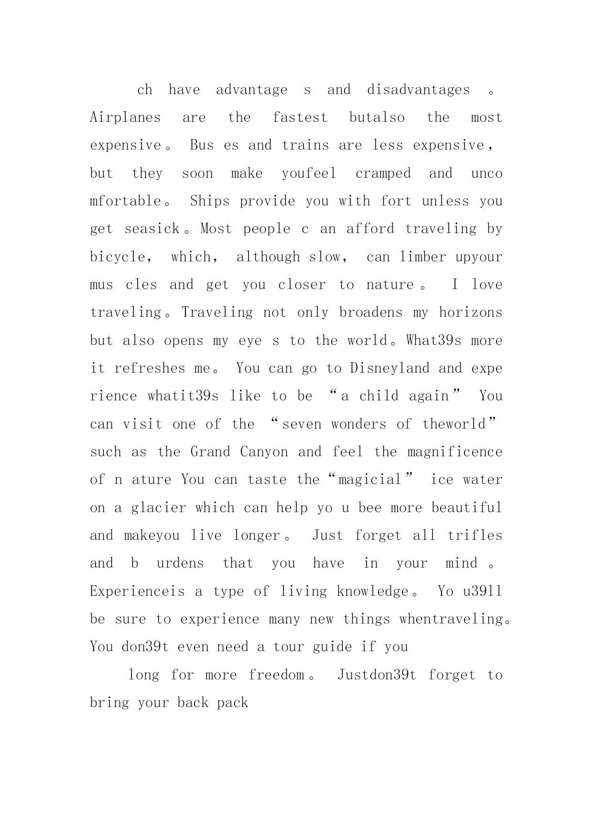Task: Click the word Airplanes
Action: [125, 118]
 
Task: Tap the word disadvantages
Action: [418, 90]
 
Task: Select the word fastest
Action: [300, 118]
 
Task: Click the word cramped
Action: [383, 173]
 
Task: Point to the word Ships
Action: [210, 201]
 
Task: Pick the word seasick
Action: [152, 229]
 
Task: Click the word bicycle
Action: [119, 257]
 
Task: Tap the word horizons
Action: [471, 312]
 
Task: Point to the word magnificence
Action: [454, 452]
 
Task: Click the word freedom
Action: [276, 675]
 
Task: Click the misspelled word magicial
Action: [369, 480]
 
